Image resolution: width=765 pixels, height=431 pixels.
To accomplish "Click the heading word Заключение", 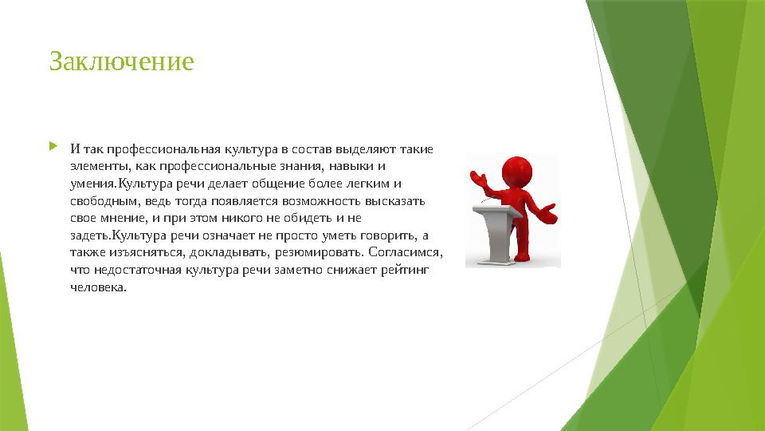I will (x=121, y=61).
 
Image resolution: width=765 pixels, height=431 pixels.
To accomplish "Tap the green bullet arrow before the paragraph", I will (x=53, y=147).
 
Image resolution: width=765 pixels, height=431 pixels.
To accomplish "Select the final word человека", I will (x=98, y=287).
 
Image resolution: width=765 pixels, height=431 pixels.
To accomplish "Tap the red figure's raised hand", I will (x=477, y=176).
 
